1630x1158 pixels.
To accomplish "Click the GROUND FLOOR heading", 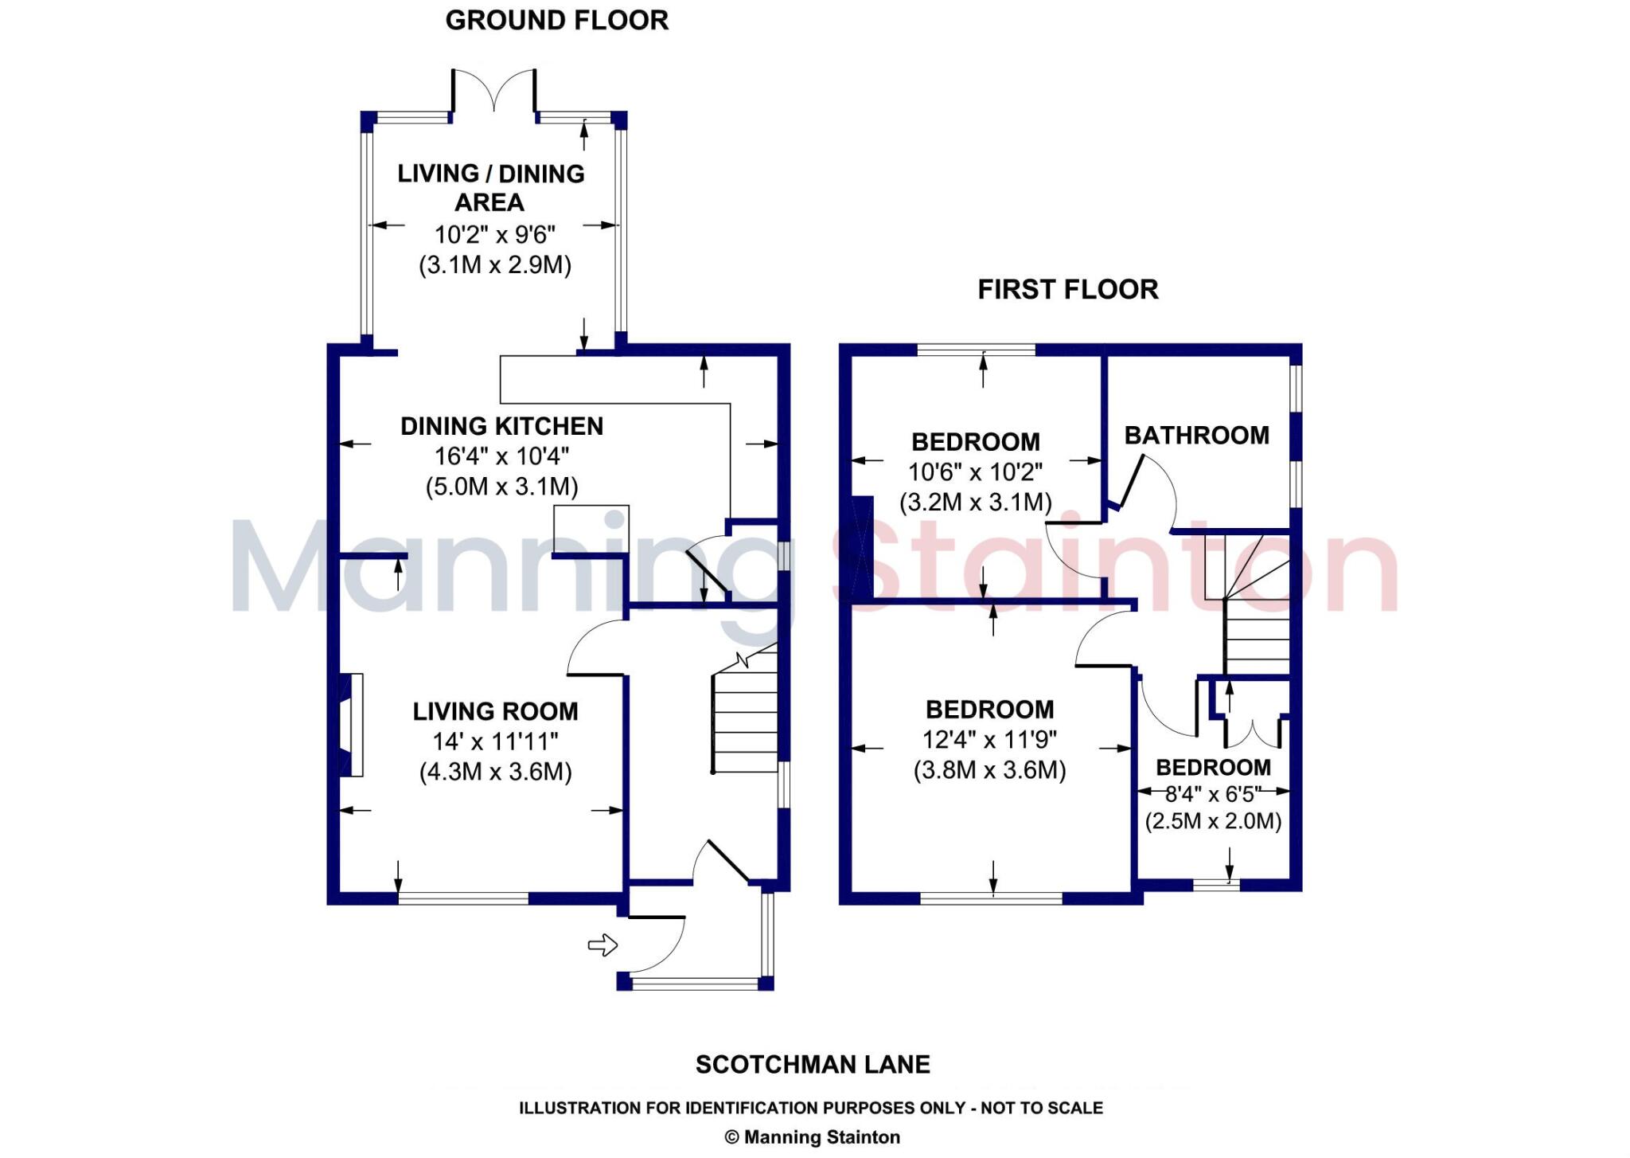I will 556,21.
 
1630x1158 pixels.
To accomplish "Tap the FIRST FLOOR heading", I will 1067,289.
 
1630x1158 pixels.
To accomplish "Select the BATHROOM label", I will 1196,436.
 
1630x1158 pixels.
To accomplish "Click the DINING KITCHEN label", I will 501,426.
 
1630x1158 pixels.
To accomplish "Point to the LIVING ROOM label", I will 495,711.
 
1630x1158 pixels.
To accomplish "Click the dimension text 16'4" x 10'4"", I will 501,456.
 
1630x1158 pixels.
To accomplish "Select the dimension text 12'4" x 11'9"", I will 989,740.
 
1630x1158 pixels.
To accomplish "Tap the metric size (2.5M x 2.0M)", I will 1213,821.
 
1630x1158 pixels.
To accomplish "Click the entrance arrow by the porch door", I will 602,945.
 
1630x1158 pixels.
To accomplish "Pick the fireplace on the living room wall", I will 351,725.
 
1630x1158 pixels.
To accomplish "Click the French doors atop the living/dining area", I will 494,89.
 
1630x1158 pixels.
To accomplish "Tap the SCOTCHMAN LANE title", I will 813,1065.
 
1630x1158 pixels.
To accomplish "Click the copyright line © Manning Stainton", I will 813,1137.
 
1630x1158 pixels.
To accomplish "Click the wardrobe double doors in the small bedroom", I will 1252,733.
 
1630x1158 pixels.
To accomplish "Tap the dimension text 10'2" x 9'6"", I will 494,235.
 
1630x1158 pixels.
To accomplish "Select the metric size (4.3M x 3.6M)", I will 495,772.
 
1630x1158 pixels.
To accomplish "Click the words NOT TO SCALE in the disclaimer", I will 1042,1108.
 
